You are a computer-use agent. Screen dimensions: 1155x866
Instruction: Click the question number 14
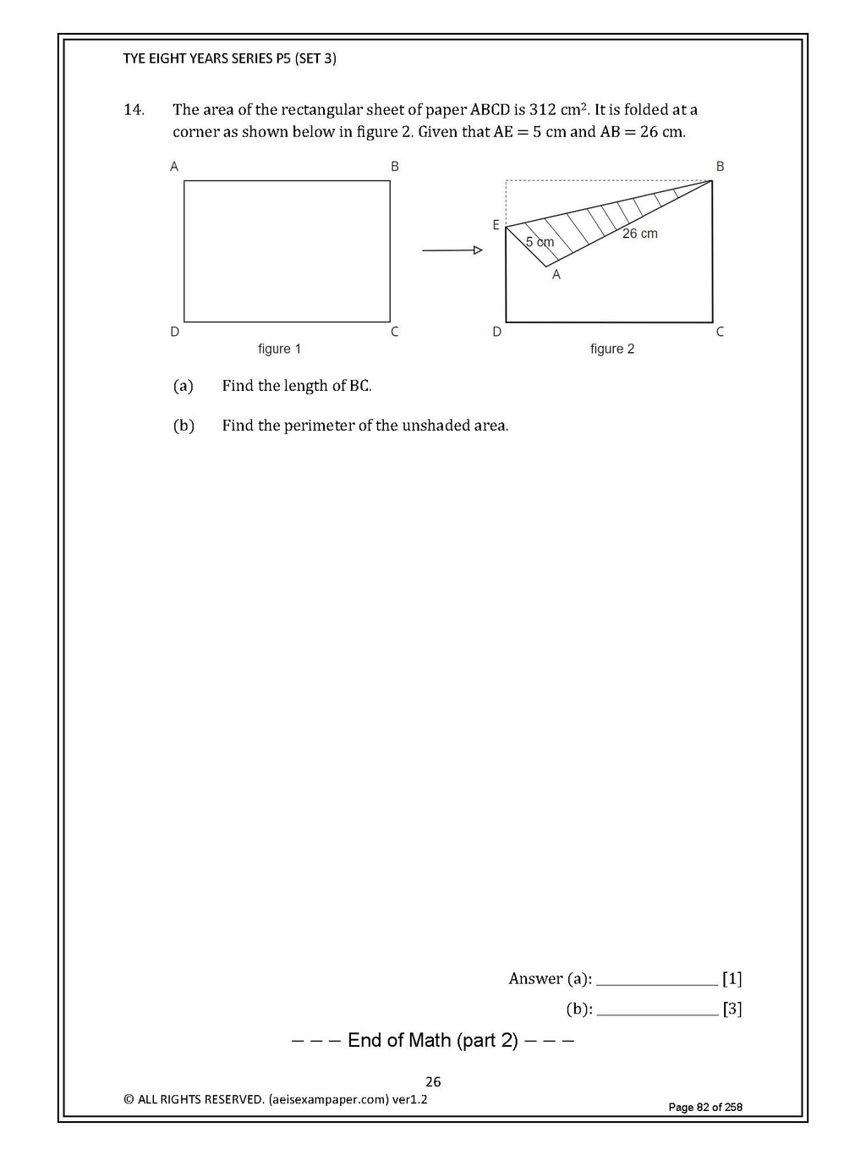coord(134,110)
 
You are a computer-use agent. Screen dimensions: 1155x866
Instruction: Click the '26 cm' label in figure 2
coord(639,234)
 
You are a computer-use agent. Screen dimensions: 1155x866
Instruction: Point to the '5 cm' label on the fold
coord(540,242)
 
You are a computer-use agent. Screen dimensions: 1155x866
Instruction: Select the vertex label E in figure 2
coord(496,225)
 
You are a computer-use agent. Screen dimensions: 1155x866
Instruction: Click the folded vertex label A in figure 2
coord(556,275)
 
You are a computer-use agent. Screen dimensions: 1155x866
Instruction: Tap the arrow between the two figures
coord(452,250)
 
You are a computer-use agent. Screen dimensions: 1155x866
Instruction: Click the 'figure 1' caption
coord(280,349)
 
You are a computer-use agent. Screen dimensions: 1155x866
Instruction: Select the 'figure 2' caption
coord(612,349)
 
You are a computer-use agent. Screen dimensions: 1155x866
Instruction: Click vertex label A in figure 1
coord(174,167)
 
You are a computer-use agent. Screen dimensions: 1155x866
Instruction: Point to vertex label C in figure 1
coord(394,332)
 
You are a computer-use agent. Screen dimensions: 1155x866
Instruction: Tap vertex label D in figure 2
coord(497,332)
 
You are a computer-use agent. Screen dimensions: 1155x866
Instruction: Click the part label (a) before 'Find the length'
coord(184,386)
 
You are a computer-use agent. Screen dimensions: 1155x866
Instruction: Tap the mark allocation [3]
coord(732,1009)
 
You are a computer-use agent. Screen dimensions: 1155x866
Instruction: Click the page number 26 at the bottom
coord(433,1081)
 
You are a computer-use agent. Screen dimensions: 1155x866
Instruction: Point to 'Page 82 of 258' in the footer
coord(705,1107)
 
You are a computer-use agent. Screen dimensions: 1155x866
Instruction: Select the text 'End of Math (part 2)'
coord(433,1040)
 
